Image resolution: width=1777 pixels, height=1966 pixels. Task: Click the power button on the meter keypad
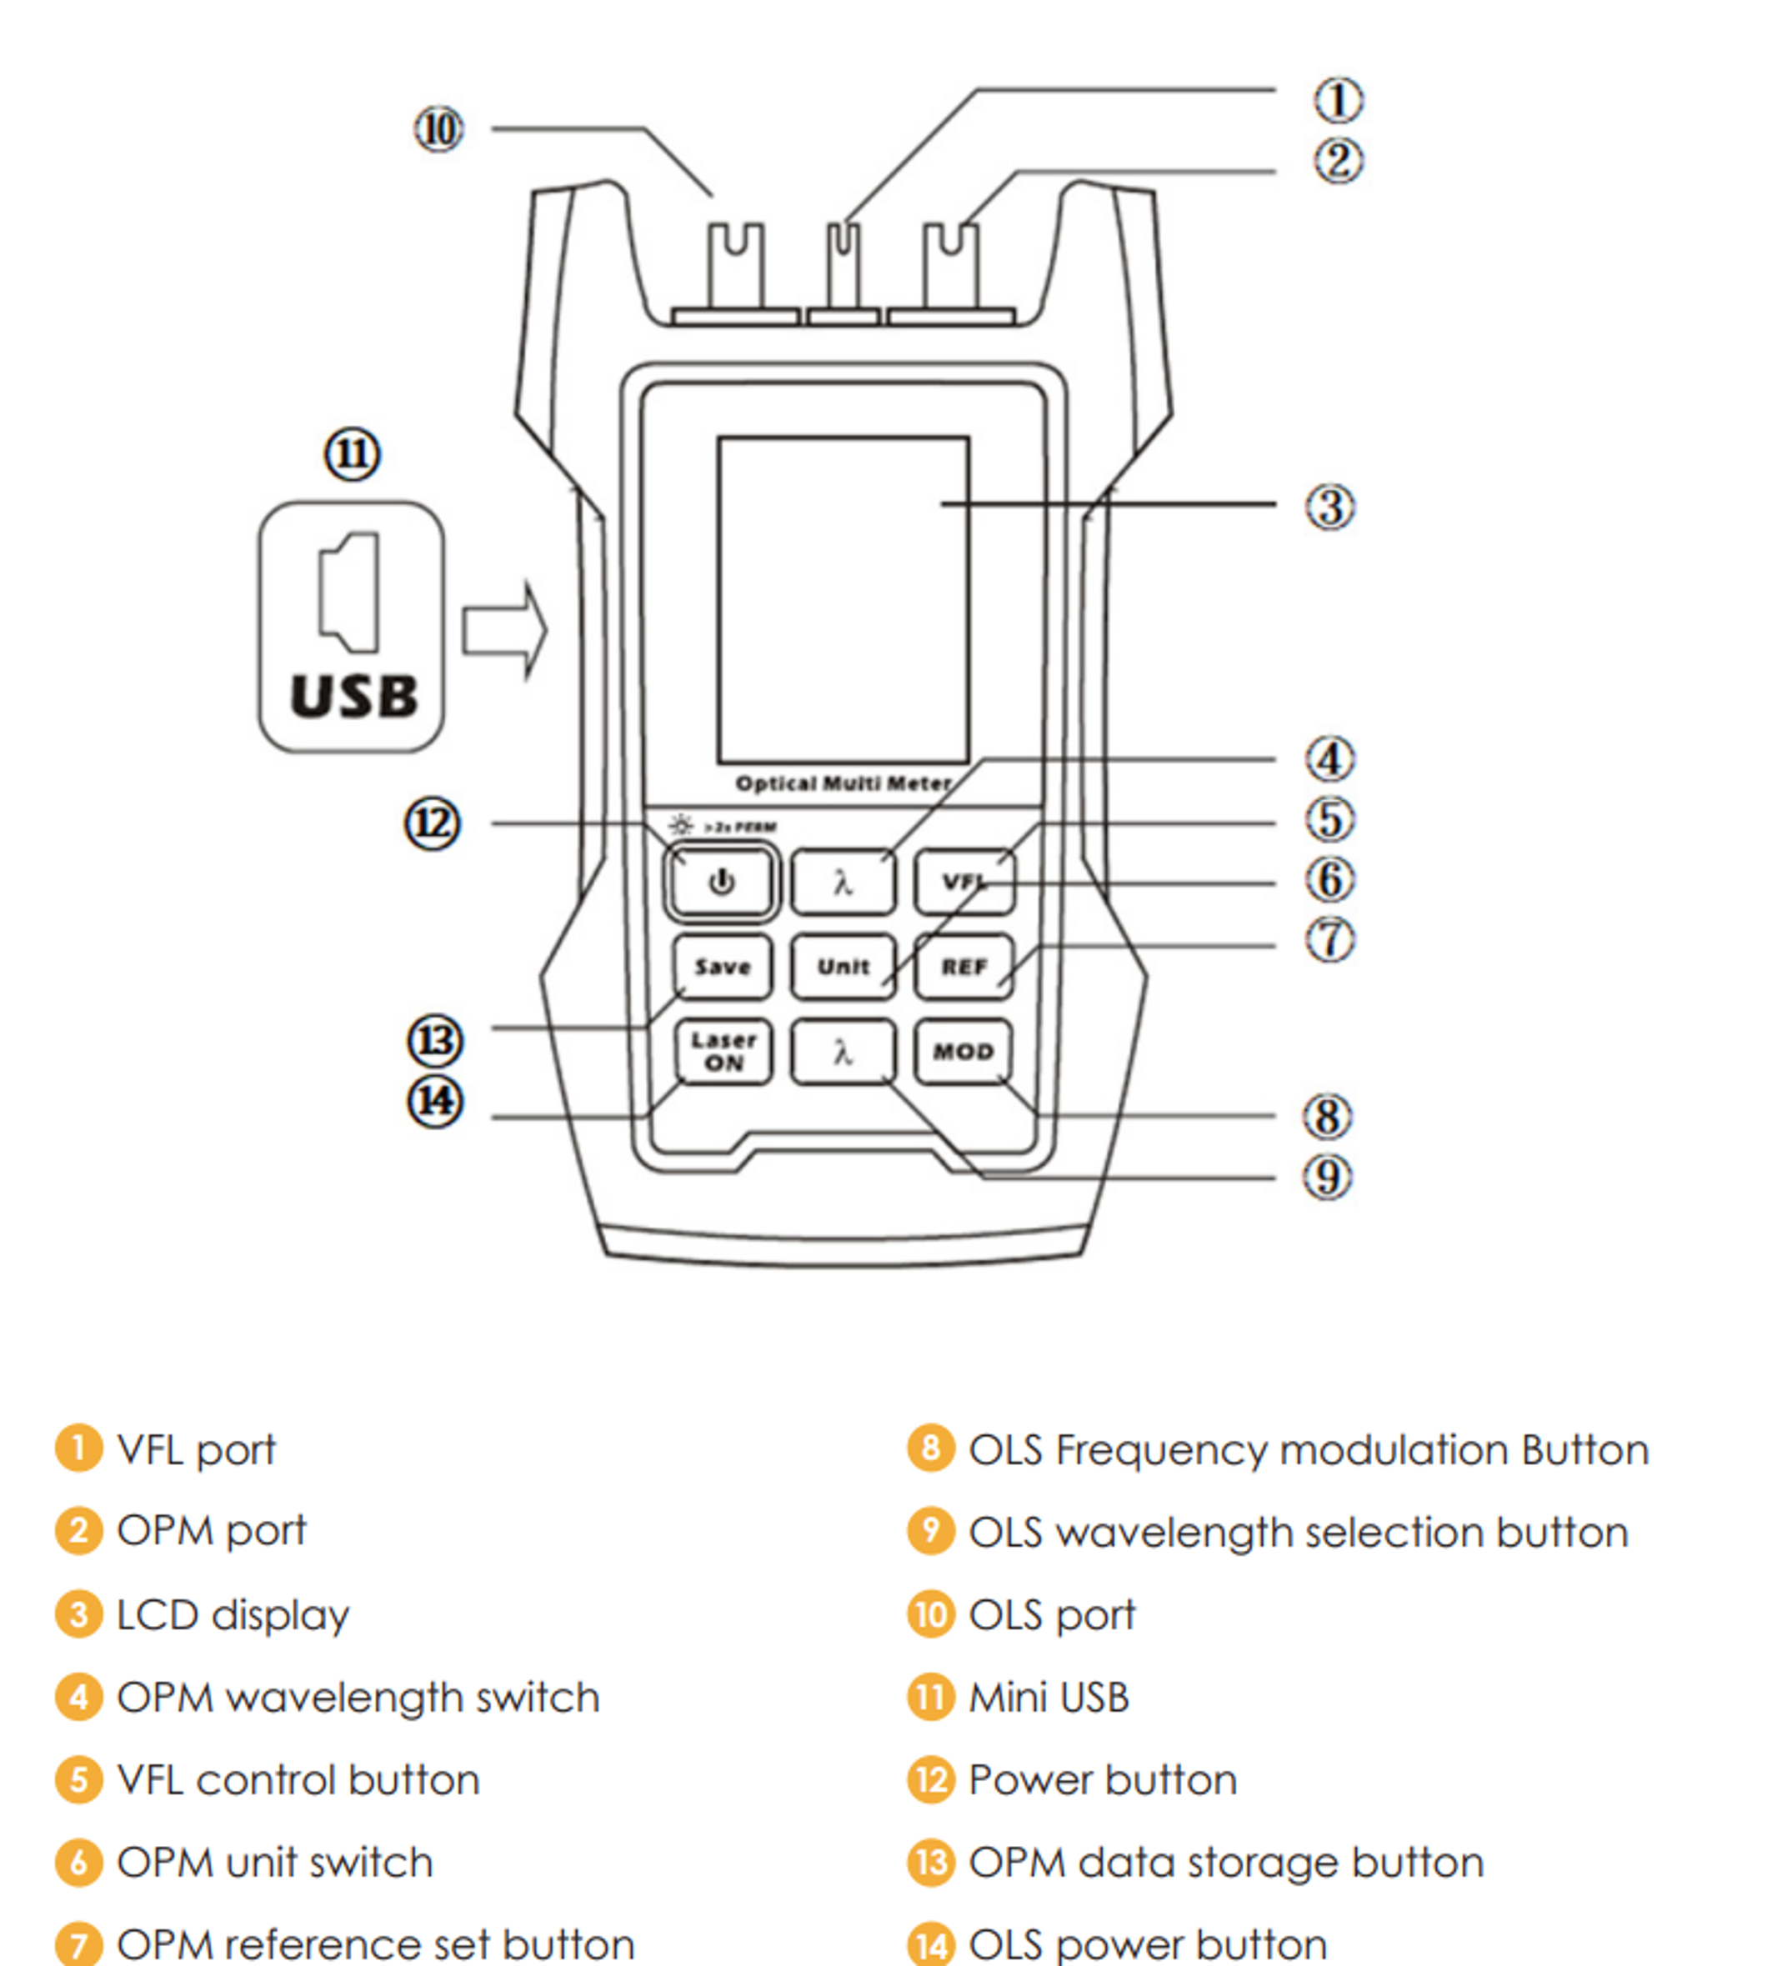pos(721,882)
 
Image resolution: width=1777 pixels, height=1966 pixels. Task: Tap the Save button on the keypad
pos(722,967)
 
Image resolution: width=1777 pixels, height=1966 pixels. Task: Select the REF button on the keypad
pos(964,967)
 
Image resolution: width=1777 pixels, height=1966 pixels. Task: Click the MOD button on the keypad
pos(964,1051)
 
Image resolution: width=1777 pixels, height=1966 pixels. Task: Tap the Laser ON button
pos(723,1051)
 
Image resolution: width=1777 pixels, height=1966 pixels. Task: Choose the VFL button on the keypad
pos(964,882)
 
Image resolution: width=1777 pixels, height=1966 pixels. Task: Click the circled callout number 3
pos(1330,507)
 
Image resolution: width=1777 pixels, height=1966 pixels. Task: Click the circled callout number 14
pos(435,1102)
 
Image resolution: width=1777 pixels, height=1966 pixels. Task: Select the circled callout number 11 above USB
pos(352,454)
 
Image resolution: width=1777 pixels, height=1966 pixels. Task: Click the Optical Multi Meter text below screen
pos(843,783)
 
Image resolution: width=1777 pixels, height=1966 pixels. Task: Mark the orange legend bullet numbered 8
pos(930,1448)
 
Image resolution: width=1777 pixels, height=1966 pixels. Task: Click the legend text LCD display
pos(232,1615)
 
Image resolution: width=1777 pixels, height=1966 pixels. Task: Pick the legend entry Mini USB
pos(1048,1698)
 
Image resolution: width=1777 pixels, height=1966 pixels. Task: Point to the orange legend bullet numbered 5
pos(79,1780)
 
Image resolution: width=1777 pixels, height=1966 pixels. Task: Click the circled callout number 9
pos(1329,1177)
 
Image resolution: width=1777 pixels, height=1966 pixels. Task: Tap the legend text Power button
pos(1102,1781)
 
